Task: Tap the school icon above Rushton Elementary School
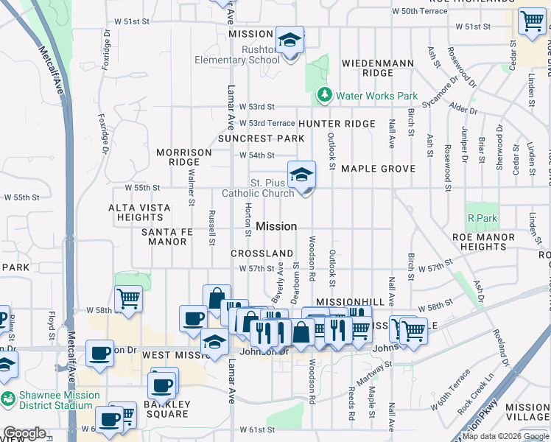click(x=290, y=40)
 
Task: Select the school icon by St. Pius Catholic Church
click(x=301, y=175)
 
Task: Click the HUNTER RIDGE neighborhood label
click(x=337, y=124)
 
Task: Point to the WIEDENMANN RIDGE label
click(x=378, y=68)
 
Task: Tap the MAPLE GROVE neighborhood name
click(x=378, y=169)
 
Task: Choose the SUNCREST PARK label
click(x=261, y=138)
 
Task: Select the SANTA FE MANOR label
click(x=164, y=236)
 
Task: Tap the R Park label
click(x=482, y=218)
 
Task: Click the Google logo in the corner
click(x=24, y=433)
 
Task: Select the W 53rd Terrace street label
click(x=262, y=123)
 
